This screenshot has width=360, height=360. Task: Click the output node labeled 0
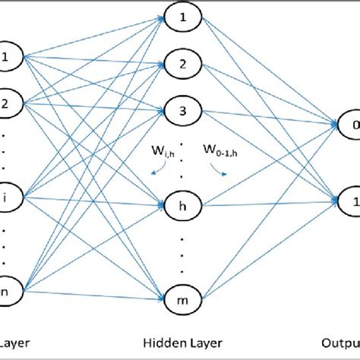(x=348, y=122)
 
